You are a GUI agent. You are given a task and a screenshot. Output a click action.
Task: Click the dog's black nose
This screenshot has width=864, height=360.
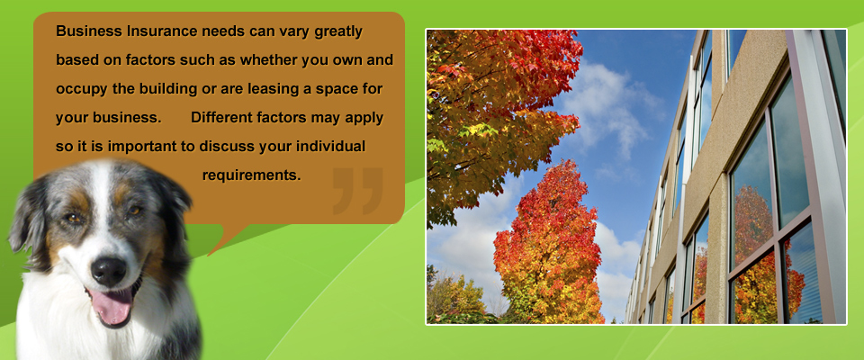pos(109,271)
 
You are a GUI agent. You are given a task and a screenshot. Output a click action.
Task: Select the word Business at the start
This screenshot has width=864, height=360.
pos(89,31)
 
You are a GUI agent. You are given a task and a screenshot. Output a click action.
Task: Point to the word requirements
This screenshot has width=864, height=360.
pos(251,175)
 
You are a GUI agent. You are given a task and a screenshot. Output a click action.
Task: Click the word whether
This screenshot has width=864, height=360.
pos(269,60)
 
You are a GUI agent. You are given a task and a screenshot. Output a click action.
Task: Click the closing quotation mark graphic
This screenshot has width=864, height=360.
pos(357,190)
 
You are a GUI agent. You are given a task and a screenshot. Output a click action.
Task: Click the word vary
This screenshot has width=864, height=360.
pos(294,32)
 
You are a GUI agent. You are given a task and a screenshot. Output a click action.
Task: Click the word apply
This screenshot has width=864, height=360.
pos(364,119)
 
